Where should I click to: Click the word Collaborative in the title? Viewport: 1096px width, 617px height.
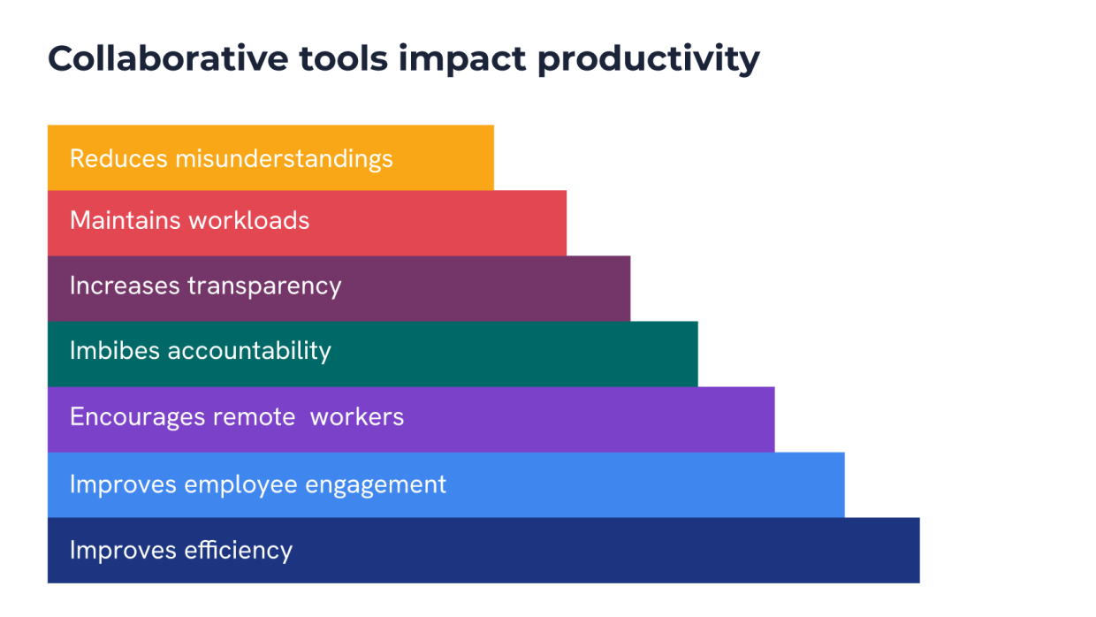tap(168, 59)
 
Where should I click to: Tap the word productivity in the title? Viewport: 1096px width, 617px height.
tap(648, 59)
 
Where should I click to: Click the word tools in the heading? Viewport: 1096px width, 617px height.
tap(343, 59)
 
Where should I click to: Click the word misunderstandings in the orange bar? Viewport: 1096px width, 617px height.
tap(284, 159)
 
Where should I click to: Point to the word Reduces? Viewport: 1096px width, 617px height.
tap(118, 159)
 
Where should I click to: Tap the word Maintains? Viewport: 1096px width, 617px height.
tap(125, 220)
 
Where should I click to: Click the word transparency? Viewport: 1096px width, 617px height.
tap(264, 286)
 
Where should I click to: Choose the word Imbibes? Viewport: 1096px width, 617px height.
tap(115, 351)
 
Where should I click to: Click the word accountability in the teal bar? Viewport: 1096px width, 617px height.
tap(249, 351)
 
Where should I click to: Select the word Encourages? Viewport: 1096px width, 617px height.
tap(138, 416)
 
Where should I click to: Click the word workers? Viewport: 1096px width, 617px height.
tap(357, 416)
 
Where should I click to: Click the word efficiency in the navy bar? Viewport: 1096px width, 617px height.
tap(238, 551)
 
